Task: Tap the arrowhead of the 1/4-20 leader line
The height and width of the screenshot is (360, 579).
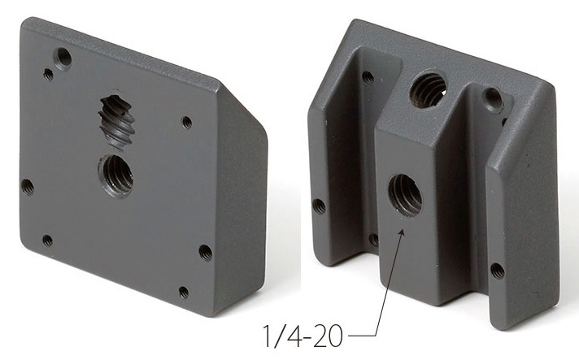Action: coord(403,232)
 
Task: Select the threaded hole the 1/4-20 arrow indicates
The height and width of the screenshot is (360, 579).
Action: coord(405,195)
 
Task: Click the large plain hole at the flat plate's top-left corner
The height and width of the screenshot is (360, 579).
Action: coord(63,59)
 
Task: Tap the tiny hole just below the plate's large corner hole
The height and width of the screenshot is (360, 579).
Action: coord(48,74)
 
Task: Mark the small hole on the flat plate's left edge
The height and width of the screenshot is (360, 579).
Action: coord(28,187)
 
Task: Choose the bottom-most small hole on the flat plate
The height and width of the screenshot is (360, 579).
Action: coord(184,292)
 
